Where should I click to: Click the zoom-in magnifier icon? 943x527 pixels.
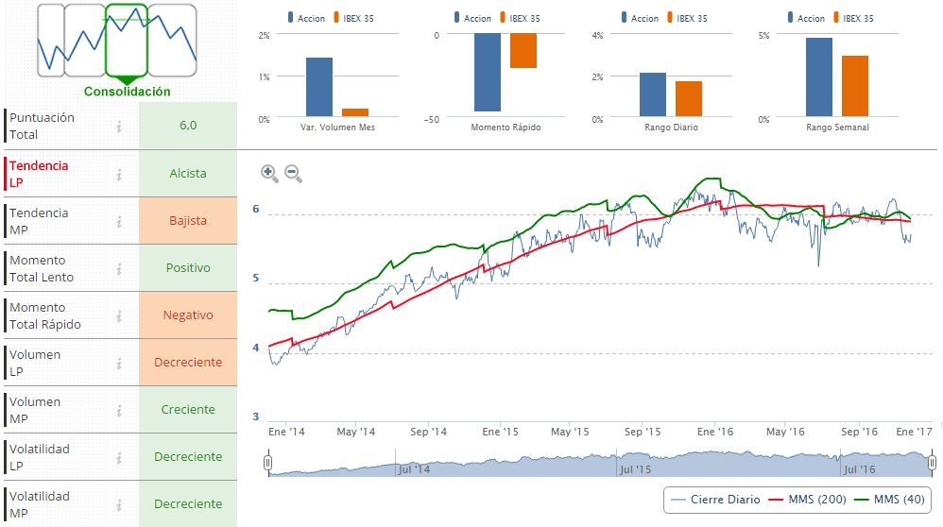click(x=269, y=173)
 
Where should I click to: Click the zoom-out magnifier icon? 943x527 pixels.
click(x=293, y=173)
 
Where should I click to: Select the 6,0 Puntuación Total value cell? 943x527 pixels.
click(x=188, y=126)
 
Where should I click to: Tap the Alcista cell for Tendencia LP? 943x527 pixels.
click(x=188, y=174)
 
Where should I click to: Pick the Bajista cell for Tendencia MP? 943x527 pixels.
click(x=188, y=221)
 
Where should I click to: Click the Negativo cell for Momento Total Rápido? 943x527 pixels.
click(x=188, y=315)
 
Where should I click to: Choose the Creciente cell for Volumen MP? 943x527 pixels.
click(x=188, y=410)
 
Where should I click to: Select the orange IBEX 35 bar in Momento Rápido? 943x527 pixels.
click(x=523, y=51)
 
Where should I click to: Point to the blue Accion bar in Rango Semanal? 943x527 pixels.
click(x=819, y=78)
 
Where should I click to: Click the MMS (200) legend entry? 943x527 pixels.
click(x=805, y=499)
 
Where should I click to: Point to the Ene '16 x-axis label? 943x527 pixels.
click(x=715, y=432)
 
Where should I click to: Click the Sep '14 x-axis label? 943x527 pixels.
click(x=428, y=432)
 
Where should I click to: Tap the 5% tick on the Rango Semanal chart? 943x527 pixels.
click(x=764, y=36)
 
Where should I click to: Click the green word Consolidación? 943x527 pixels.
click(x=128, y=92)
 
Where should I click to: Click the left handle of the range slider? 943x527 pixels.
click(x=268, y=463)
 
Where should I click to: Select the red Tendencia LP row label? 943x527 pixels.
click(x=39, y=174)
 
